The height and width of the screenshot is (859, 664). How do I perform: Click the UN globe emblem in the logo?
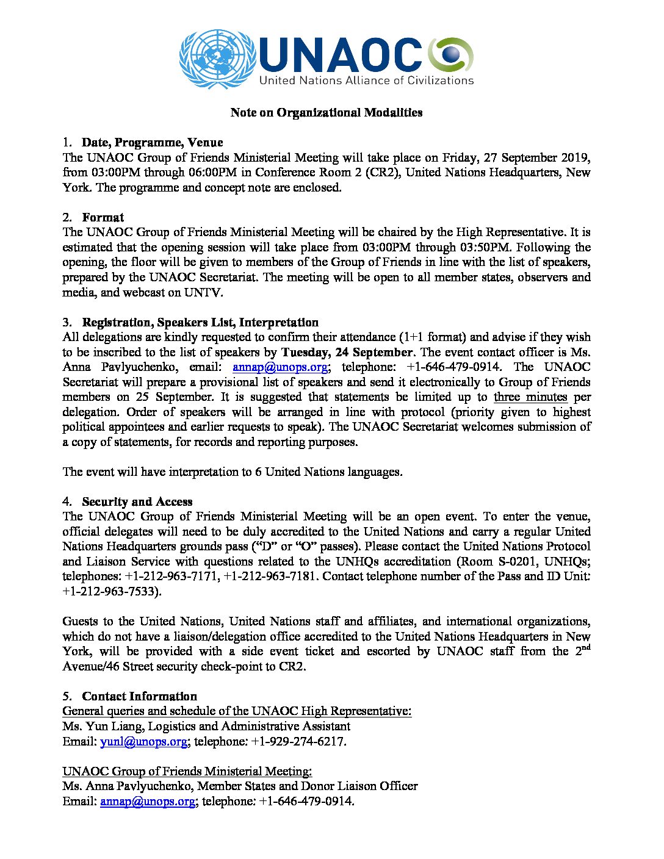pyautogui.click(x=209, y=59)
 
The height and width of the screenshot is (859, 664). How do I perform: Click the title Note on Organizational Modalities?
pyautogui.click(x=327, y=112)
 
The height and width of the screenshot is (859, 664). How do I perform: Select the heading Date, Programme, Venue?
pyautogui.click(x=152, y=143)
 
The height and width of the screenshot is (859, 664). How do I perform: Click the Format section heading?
pyautogui.click(x=103, y=217)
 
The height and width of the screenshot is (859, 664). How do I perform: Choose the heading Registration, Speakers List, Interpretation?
pyautogui.click(x=200, y=322)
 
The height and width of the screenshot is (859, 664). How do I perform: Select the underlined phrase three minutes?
pyautogui.click(x=530, y=397)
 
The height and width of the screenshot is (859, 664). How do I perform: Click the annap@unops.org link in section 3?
pyautogui.click(x=281, y=367)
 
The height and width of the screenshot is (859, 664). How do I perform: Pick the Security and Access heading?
pyautogui.click(x=137, y=501)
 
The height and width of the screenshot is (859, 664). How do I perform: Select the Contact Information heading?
pyautogui.click(x=140, y=696)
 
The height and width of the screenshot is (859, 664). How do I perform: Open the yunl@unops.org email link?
pyautogui.click(x=143, y=741)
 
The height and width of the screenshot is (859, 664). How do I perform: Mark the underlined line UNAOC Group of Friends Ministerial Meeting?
pyautogui.click(x=187, y=771)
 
